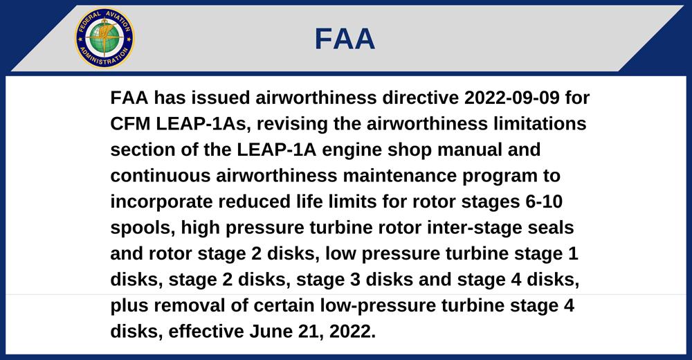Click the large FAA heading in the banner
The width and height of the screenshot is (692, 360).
tap(345, 39)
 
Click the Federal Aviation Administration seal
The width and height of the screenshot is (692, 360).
tap(104, 38)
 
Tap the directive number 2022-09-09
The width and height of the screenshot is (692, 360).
tap(511, 98)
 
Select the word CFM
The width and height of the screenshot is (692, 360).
tap(130, 124)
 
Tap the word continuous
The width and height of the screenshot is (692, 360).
tap(160, 176)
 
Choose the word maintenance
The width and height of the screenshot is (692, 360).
tap(399, 176)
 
